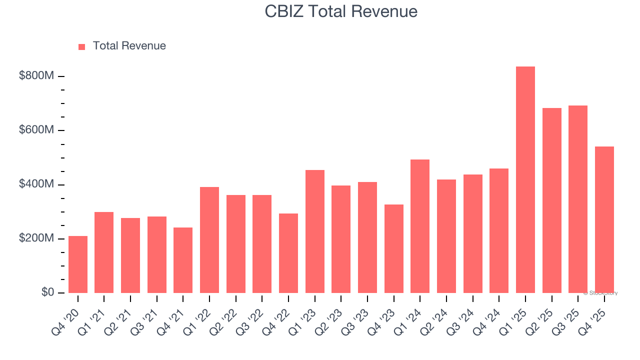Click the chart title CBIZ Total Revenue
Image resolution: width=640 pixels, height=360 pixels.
coord(341,11)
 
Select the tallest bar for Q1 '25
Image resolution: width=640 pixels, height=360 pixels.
coord(525,180)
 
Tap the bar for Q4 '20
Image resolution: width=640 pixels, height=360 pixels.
coord(78,264)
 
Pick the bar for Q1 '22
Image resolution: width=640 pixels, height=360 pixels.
coord(209,240)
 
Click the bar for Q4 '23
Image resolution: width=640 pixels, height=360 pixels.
coord(394,248)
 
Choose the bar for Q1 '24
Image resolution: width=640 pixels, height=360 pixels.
coord(420,226)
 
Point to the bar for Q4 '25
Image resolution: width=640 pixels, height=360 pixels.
coord(604,219)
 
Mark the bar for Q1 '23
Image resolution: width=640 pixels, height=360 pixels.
coord(315,231)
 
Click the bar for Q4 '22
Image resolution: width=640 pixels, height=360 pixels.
coord(288,253)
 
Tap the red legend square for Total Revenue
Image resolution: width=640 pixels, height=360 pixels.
coord(82,46)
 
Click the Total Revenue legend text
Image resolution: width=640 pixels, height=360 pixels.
coord(129,46)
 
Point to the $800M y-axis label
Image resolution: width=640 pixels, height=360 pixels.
coord(36,76)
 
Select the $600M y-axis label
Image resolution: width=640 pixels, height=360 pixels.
coord(36,130)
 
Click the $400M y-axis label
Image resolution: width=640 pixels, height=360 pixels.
coord(36,184)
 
